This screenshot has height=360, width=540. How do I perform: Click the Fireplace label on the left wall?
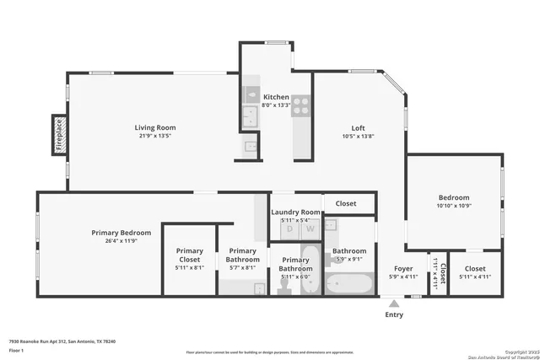pyautogui.click(x=59, y=135)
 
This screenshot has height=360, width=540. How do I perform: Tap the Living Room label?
pyautogui.click(x=155, y=128)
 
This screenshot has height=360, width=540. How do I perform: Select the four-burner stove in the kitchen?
pyautogui.click(x=301, y=105)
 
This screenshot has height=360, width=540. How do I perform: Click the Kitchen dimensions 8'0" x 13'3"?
pyautogui.click(x=276, y=105)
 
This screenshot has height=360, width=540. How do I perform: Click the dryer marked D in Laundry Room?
pyautogui.click(x=289, y=228)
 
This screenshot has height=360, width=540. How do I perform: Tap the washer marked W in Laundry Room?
pyautogui.click(x=310, y=228)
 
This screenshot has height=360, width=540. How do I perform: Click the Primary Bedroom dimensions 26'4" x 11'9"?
pyautogui.click(x=121, y=241)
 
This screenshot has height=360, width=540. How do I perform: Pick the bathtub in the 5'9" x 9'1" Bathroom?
pyautogui.click(x=348, y=282)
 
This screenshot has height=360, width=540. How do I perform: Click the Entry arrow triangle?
pyautogui.click(x=394, y=303)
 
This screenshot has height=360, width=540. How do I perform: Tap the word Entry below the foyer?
pyautogui.click(x=394, y=314)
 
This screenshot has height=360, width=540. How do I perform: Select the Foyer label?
pyautogui.click(x=403, y=268)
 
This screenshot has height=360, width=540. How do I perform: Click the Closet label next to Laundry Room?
pyautogui.click(x=345, y=203)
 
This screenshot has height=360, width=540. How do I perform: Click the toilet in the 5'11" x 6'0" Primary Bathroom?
pyautogui.click(x=286, y=287)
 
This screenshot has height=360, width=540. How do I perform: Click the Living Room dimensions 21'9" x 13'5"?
pyautogui.click(x=155, y=136)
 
